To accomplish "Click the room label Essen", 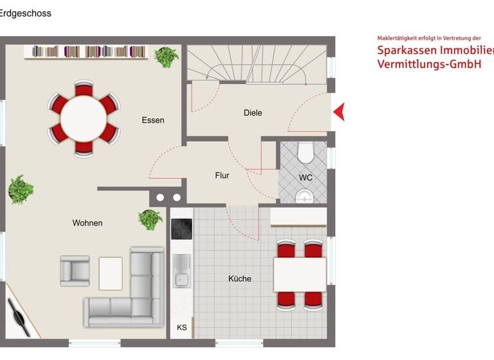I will click(153, 120).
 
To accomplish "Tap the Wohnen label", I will click(87, 223).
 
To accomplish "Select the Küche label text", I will click(240, 278).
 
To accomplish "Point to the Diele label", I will click(253, 113).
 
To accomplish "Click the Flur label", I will click(222, 175).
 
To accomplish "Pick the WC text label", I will click(306, 177).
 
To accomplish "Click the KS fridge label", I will click(182, 328).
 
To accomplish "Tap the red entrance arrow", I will click(339, 113).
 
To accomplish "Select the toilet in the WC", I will click(305, 152).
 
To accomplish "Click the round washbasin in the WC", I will click(304, 195).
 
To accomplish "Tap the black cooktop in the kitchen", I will click(181, 229).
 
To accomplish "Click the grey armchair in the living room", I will click(74, 271).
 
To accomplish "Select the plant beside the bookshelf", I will click(166, 57).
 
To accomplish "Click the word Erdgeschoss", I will click(26, 13).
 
